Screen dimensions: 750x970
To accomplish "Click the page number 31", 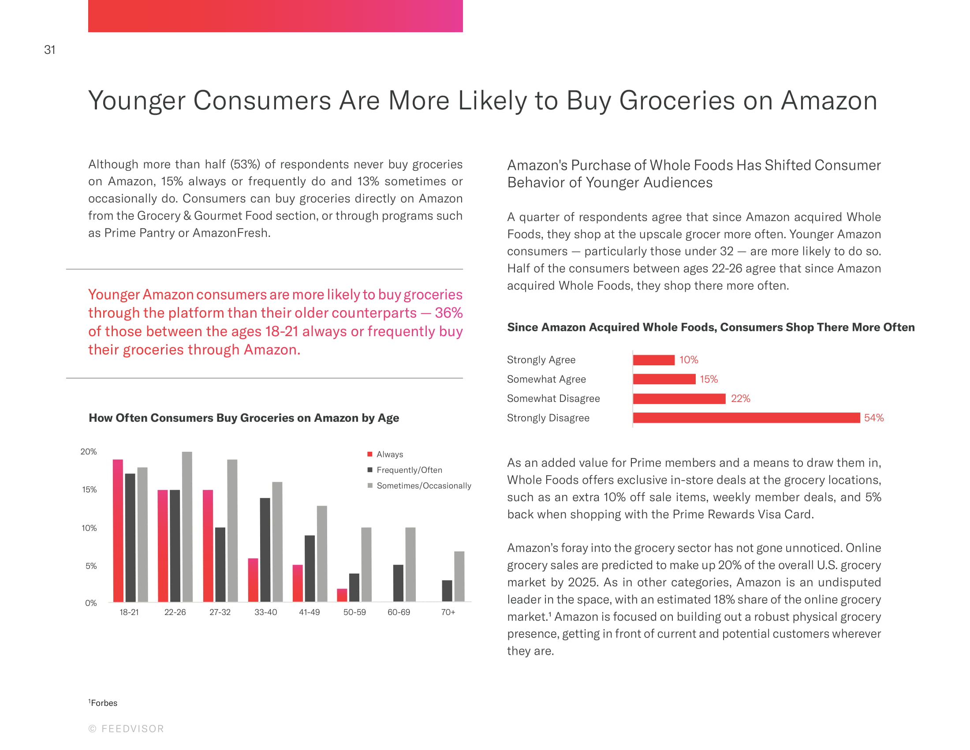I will (50, 50).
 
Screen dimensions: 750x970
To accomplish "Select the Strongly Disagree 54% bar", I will (746, 418).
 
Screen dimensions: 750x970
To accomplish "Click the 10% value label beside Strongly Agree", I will (688, 360).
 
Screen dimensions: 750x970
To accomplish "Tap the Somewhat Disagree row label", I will (553, 398).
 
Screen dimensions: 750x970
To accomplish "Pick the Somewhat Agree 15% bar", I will (664, 379).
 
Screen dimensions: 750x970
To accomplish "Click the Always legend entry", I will (389, 454).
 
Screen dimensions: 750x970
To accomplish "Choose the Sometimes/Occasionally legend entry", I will (423, 486).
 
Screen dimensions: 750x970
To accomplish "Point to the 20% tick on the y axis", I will (88, 452).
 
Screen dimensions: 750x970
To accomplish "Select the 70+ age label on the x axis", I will (448, 612).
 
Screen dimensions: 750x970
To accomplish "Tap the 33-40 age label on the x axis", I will (265, 612).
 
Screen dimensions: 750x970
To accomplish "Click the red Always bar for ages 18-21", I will (118, 531).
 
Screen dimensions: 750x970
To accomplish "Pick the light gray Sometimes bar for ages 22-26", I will (187, 526).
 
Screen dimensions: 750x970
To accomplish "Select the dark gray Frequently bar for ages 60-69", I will (399, 583).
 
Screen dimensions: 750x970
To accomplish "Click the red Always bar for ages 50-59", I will (342, 595).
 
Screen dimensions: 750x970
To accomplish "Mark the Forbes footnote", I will (103, 703).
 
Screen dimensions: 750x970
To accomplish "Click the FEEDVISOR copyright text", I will (126, 729).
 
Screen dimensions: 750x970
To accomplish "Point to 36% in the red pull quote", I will (448, 313).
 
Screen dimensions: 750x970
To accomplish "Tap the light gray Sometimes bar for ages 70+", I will (459, 576).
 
